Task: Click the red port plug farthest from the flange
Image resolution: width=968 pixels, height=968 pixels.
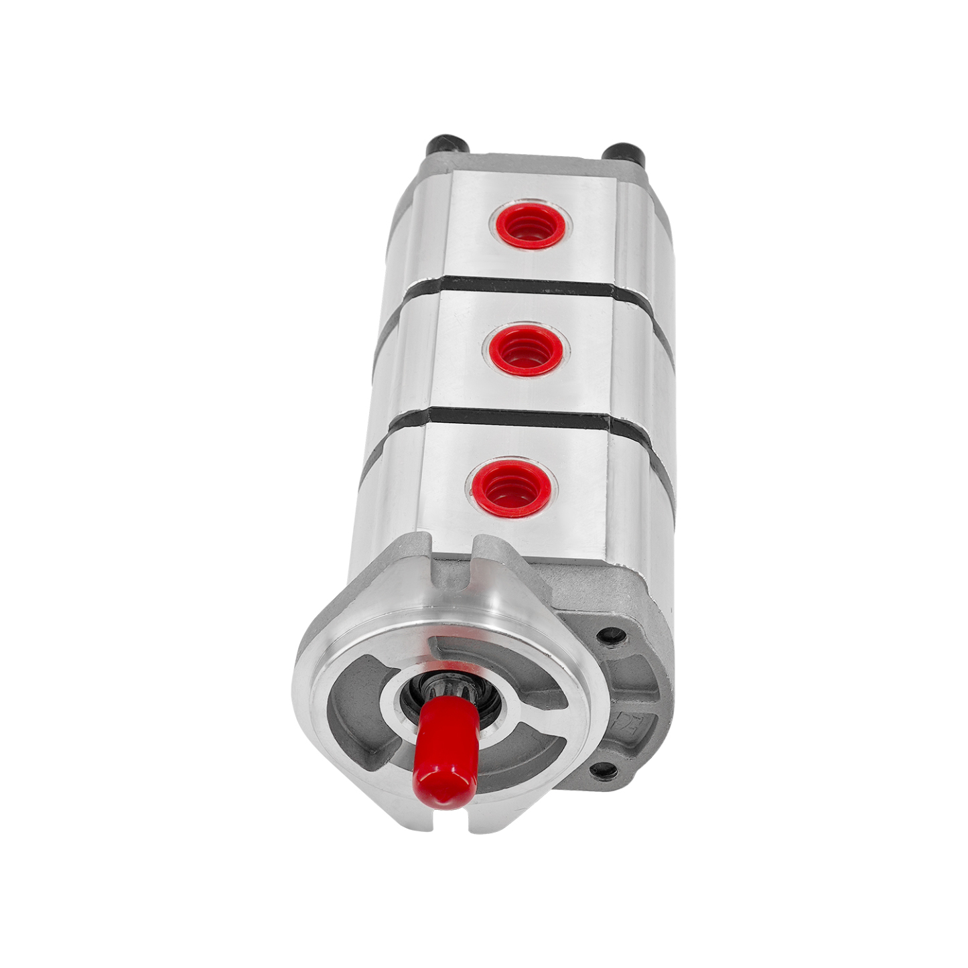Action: pyautogui.click(x=530, y=225)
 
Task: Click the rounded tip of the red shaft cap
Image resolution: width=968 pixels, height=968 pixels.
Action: pyautogui.click(x=442, y=784)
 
